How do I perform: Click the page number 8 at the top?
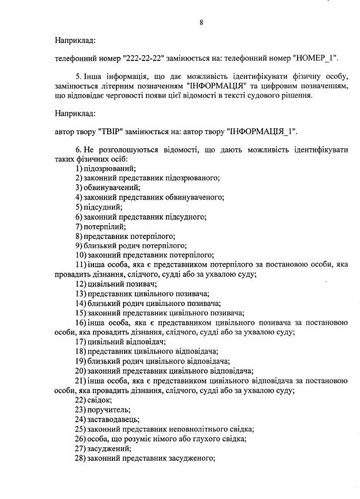201,22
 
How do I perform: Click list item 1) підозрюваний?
105,168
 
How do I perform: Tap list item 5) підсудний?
98,207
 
